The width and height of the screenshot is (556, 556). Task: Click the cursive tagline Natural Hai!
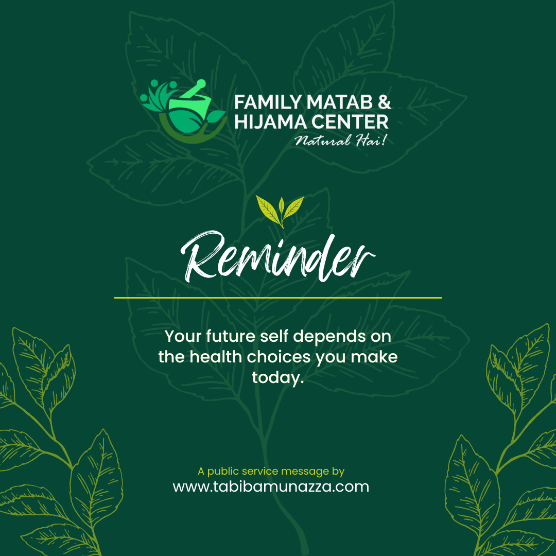click(x=340, y=141)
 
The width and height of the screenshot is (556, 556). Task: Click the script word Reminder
click(x=277, y=256)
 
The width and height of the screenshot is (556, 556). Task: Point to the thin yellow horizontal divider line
click(x=277, y=298)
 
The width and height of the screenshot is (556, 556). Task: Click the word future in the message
click(x=231, y=336)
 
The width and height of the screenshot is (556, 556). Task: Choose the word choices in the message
click(x=279, y=357)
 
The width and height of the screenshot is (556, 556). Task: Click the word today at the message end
click(x=278, y=378)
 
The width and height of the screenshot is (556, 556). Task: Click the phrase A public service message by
click(x=271, y=472)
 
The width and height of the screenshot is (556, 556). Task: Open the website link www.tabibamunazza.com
click(x=271, y=486)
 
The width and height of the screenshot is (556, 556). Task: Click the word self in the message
click(x=274, y=336)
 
